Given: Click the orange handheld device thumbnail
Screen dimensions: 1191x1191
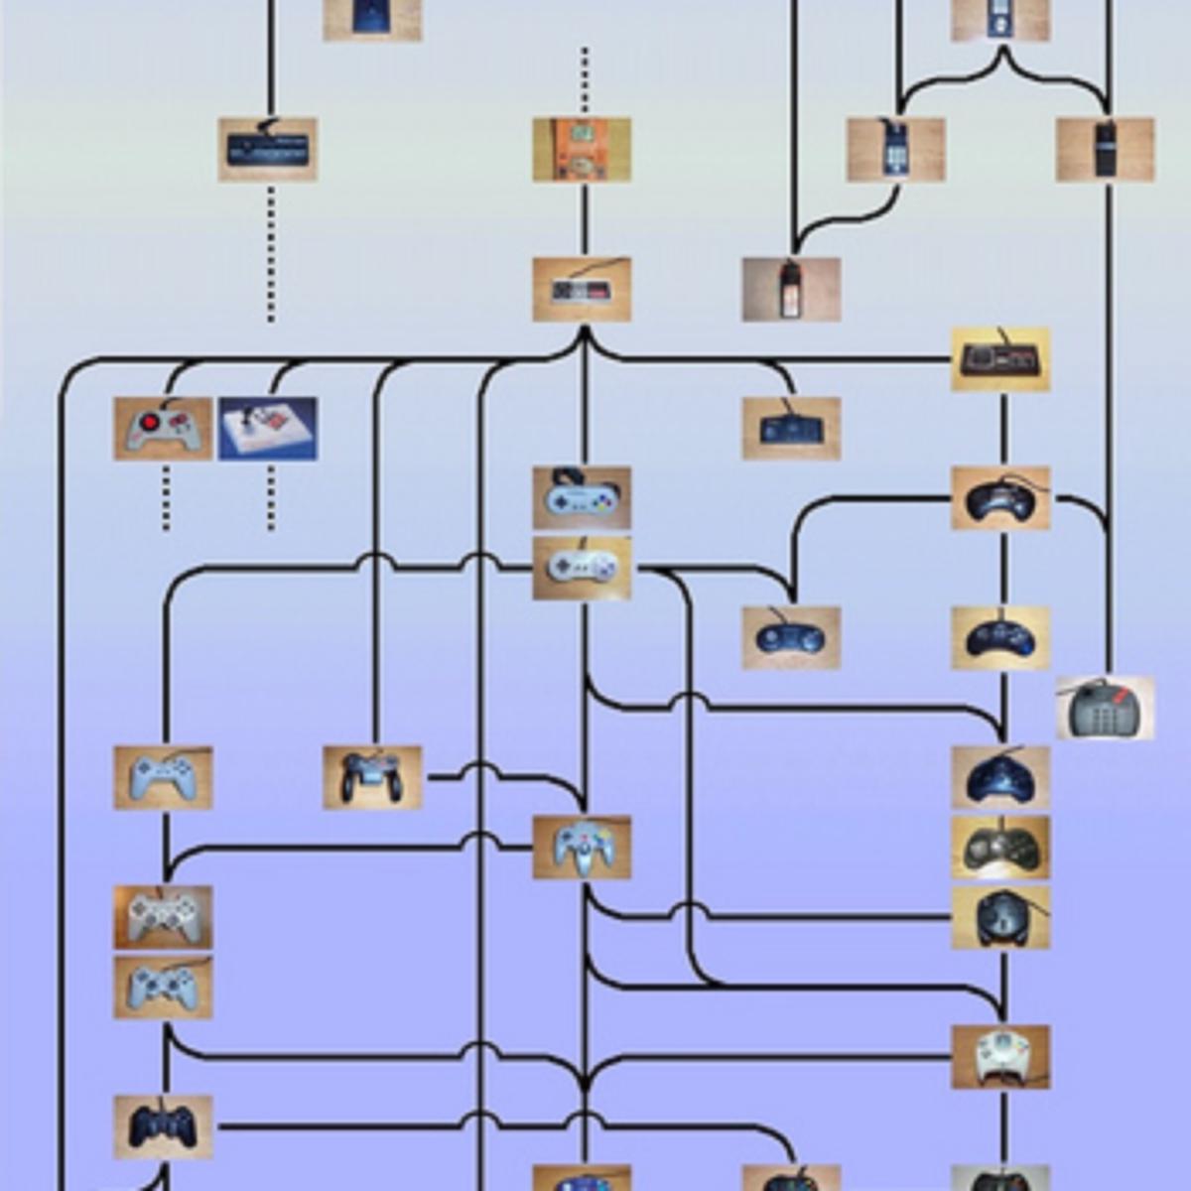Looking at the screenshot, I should pos(582,150).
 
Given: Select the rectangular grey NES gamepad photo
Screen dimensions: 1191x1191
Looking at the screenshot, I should pos(582,290).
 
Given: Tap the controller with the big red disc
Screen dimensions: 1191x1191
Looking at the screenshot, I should pos(163,429).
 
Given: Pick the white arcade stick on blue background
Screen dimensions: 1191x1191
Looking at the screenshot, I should pos(268,429).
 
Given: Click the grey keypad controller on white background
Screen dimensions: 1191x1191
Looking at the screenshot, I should pos(1105,709).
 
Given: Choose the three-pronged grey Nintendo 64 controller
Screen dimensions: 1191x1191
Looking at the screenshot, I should pos(582,848).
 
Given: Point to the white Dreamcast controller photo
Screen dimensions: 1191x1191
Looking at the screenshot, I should pos(1000,1057).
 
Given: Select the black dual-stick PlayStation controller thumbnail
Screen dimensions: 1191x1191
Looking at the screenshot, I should pos(163,1126).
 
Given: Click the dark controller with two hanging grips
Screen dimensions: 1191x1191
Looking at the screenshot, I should pos(372,777).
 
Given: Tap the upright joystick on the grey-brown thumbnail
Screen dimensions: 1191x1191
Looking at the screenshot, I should pos(791,290).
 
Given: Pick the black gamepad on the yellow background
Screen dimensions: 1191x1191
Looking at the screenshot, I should pos(1000,359).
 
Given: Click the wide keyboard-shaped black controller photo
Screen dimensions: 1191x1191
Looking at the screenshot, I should pos(268,150).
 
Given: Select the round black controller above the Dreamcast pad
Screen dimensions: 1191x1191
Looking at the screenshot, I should pos(1000,917).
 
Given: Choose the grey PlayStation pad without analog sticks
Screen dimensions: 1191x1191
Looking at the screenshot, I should pos(163,777).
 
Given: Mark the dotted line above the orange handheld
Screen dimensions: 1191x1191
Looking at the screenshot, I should pos(585,79).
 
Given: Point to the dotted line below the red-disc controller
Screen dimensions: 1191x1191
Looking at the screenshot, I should pos(166,496).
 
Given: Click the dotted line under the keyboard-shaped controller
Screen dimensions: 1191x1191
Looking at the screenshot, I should pos(271,253).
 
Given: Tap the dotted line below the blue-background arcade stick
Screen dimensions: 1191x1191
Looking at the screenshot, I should pos(271,496).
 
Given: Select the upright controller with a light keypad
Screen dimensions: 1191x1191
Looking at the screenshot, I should pos(895,150).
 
